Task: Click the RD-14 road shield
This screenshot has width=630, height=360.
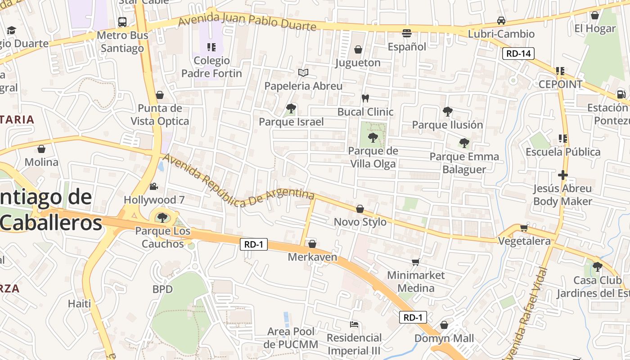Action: coord(518,54)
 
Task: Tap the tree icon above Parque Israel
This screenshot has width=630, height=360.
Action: coord(291,108)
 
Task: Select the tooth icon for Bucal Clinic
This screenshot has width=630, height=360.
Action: coord(365,98)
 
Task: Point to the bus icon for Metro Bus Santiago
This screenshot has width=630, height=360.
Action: coord(122,22)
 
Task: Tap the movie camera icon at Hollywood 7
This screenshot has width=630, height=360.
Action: coord(154,186)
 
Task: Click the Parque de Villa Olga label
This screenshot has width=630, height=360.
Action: coord(373,157)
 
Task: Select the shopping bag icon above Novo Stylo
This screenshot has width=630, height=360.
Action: coord(360,209)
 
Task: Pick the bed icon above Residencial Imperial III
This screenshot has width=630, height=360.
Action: coord(354,324)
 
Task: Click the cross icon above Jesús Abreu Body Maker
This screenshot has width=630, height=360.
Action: coord(562,175)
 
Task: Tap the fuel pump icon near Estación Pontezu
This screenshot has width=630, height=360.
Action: coord(621,94)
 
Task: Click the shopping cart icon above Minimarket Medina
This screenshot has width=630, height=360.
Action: coord(415,262)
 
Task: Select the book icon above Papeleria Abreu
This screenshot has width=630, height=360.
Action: coord(303,72)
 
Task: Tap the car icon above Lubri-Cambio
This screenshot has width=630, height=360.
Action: coord(501,21)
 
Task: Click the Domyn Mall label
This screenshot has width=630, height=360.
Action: coord(444,338)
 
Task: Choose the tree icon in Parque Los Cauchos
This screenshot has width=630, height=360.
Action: coord(162,218)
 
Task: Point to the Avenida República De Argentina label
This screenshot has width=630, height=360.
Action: coord(238,180)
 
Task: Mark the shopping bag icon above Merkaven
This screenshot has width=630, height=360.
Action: coord(312,244)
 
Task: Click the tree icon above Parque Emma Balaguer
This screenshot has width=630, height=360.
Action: coord(464,143)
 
